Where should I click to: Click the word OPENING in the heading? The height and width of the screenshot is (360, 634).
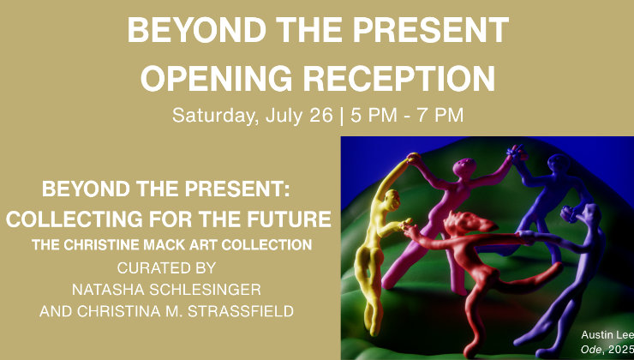click(216, 79)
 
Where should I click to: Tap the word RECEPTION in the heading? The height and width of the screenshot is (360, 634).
click(399, 79)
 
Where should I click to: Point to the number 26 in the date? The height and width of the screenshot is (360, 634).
click(320, 115)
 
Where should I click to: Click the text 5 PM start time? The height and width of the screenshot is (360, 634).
click(374, 115)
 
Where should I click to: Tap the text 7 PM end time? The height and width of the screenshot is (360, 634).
click(440, 115)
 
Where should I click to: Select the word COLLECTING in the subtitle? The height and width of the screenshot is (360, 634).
click(74, 219)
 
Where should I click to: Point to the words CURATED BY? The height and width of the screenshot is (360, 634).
click(166, 267)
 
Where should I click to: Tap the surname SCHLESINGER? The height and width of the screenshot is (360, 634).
click(206, 290)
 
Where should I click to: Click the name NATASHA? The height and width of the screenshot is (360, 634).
click(108, 290)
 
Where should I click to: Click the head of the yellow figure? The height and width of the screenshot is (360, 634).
click(392, 200)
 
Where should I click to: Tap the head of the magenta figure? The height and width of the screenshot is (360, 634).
click(464, 167)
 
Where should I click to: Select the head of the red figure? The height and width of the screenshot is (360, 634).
click(469, 223)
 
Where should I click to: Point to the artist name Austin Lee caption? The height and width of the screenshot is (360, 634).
click(607, 335)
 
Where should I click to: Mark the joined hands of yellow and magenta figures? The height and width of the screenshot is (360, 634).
click(412, 159)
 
